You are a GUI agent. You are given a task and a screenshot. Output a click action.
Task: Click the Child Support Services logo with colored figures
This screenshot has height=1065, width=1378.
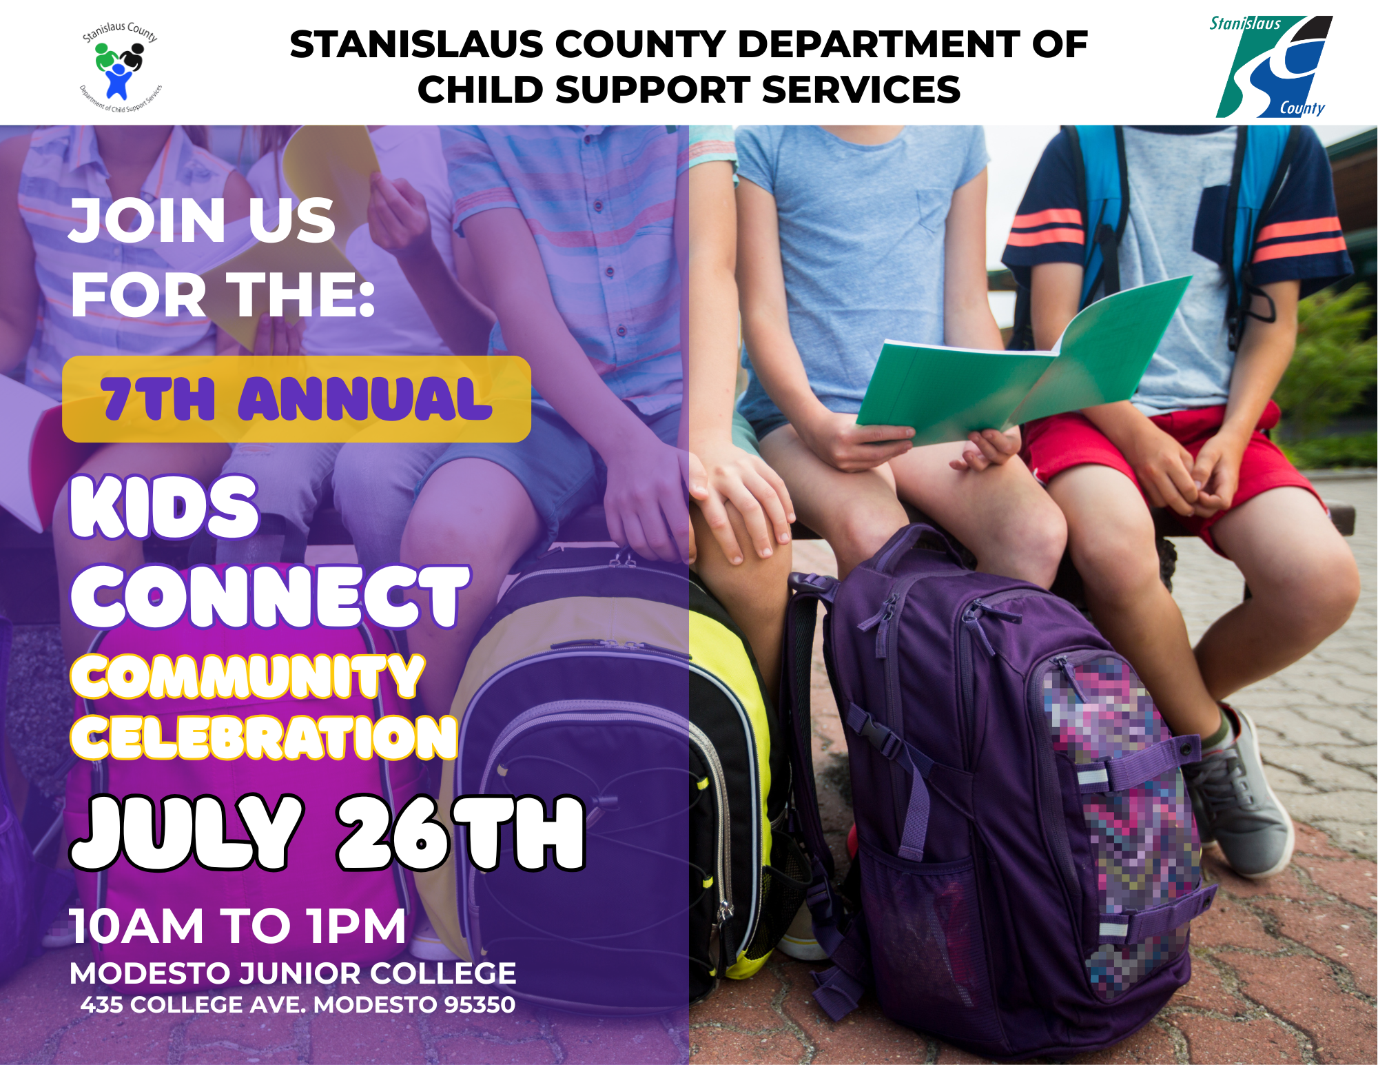pyautogui.click(x=121, y=68)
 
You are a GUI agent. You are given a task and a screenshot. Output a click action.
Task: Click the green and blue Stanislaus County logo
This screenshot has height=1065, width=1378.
pyautogui.click(x=1273, y=66)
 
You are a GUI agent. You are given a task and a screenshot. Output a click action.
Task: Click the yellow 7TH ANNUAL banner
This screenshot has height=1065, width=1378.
pyautogui.click(x=296, y=399)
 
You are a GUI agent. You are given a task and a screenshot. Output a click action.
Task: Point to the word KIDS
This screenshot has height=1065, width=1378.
pyautogui.click(x=165, y=507)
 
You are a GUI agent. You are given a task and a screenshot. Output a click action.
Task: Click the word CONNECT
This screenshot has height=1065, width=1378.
pyautogui.click(x=270, y=596)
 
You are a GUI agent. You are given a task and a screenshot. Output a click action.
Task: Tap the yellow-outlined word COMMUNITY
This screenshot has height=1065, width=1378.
pyautogui.click(x=247, y=676)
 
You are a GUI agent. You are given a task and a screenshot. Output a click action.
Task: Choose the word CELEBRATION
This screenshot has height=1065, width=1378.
pyautogui.click(x=264, y=737)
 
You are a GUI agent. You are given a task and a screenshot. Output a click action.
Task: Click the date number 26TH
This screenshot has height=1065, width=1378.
pyautogui.click(x=461, y=832)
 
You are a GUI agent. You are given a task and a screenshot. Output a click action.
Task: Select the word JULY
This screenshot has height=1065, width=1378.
pyautogui.click(x=187, y=832)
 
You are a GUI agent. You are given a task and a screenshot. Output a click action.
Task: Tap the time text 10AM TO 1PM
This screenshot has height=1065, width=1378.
pyautogui.click(x=238, y=926)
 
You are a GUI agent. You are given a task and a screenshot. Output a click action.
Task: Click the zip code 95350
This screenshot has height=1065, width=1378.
pyautogui.click(x=480, y=1004)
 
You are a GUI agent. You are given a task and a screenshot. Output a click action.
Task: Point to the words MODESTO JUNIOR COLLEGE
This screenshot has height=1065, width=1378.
pyautogui.click(x=293, y=973)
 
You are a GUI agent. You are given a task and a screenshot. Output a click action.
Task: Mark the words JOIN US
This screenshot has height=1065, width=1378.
pyautogui.click(x=203, y=220)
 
